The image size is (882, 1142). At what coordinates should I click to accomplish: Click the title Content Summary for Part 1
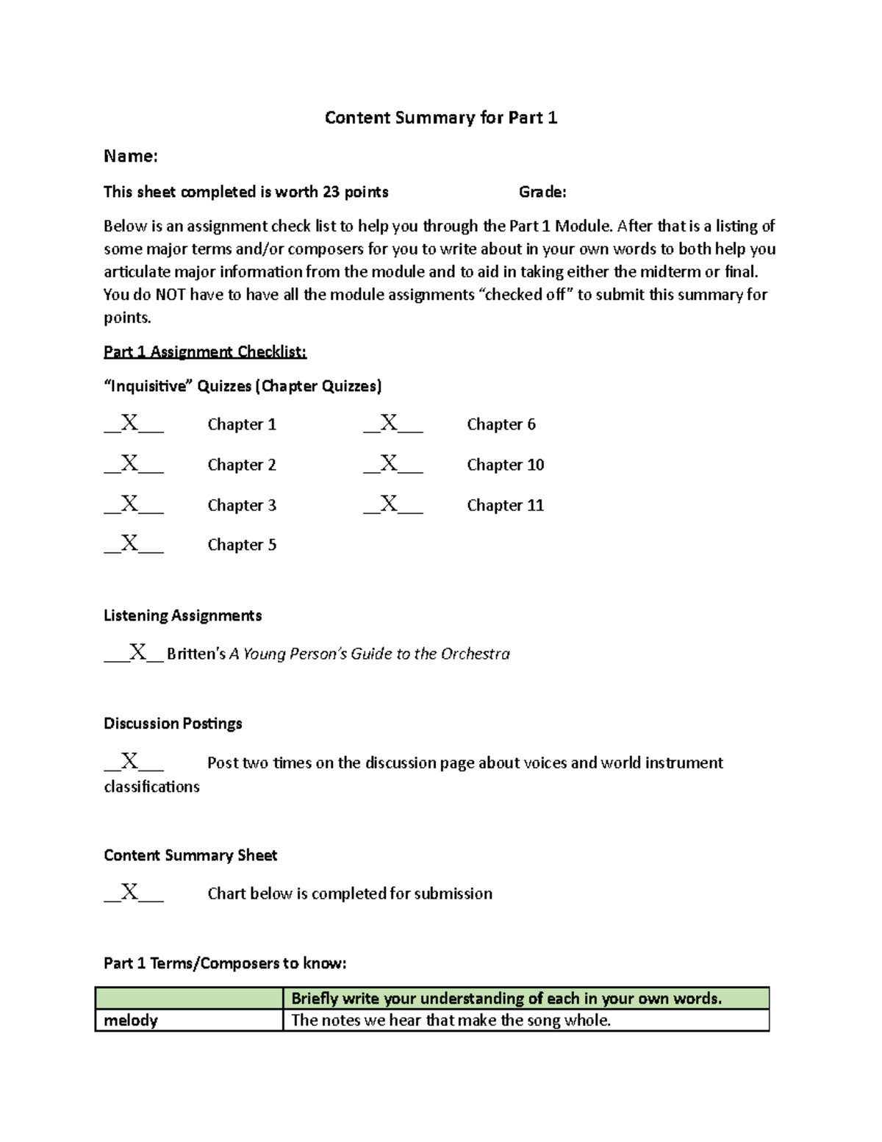441,118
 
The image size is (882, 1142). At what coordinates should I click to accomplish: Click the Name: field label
131,156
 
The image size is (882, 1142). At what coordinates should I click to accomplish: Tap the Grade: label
542,192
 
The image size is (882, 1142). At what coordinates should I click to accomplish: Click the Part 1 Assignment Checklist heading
205,351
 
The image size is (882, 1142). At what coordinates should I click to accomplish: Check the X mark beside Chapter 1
130,423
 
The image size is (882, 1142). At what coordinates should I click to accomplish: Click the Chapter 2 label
242,465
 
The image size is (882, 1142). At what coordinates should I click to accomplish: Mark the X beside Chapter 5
130,543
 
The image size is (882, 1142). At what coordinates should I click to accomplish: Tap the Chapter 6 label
501,424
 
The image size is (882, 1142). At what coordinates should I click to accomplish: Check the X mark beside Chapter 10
390,463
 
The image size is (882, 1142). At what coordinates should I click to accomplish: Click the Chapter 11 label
506,505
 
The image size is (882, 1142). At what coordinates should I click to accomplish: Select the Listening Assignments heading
182,615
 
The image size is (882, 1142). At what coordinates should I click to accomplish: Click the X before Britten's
138,652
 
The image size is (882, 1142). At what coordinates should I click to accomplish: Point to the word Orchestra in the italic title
475,654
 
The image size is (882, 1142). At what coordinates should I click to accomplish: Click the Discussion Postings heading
173,724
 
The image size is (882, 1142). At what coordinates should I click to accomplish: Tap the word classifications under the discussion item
151,787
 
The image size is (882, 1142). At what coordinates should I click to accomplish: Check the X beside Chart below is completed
130,892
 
